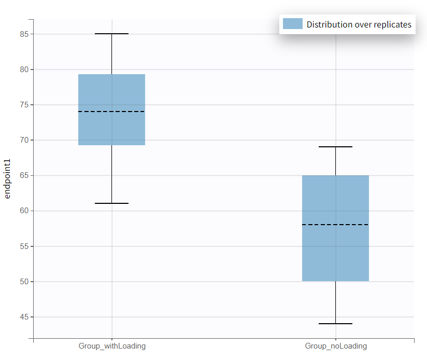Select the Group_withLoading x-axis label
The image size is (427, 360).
coord(112,346)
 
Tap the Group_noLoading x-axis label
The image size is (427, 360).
coord(336,346)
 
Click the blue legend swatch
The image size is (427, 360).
coord(292,24)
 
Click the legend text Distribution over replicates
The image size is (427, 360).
coord(359,24)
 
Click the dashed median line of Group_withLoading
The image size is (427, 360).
coord(111,112)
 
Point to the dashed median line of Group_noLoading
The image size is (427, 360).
coord(335,225)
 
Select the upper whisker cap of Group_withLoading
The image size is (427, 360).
coord(111,34)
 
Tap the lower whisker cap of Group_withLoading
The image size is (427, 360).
coord(111,203)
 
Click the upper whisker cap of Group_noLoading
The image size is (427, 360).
coord(335,147)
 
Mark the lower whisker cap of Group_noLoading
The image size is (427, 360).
coord(335,324)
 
